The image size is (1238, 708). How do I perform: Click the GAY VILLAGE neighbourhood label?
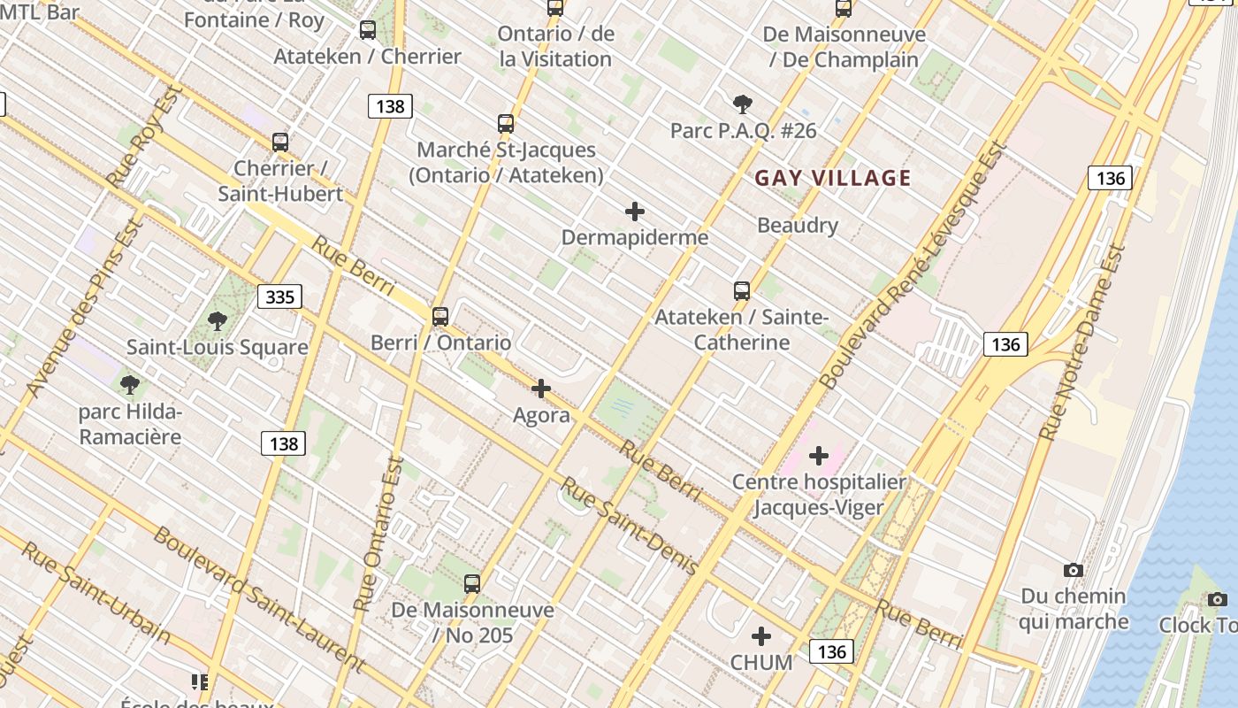pos(832,178)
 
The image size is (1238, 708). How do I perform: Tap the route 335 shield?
pos(279,296)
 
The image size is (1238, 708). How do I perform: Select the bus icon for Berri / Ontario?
pos(440,316)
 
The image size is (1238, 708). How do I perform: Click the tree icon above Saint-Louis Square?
pos(218,320)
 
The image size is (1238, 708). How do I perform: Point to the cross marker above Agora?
pos(541,389)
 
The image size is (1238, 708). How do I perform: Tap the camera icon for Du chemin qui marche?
pos(1074,571)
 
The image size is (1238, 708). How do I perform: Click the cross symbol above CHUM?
pos(761,636)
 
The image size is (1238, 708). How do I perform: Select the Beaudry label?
pos(797,226)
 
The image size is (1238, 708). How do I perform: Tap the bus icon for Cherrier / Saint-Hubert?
pos(280,142)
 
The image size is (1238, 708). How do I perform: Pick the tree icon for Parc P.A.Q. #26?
pos(743,104)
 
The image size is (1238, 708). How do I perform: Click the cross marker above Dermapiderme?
pos(635,212)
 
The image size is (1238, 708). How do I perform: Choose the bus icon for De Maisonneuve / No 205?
pos(472,584)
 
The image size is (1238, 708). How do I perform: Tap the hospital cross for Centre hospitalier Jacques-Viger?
pos(819,456)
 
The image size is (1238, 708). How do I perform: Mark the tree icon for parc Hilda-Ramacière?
pos(130,385)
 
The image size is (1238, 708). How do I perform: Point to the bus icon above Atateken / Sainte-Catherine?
pos(742,290)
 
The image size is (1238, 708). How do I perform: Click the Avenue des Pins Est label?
pos(86,307)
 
